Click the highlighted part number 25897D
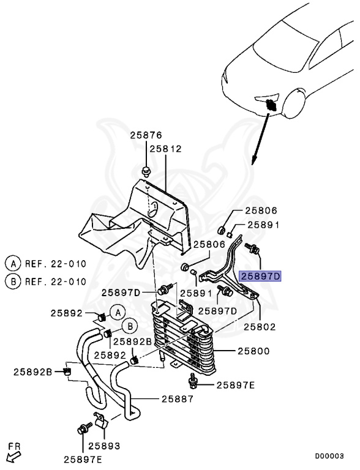click(x=260, y=276)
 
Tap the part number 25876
click(x=146, y=135)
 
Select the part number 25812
click(x=165, y=149)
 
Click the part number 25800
click(x=253, y=351)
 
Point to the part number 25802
click(x=260, y=326)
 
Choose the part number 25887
click(x=178, y=399)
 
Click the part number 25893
click(x=104, y=446)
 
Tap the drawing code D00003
click(x=329, y=456)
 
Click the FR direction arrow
click(x=13, y=457)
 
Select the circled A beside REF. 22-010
click(x=13, y=264)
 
